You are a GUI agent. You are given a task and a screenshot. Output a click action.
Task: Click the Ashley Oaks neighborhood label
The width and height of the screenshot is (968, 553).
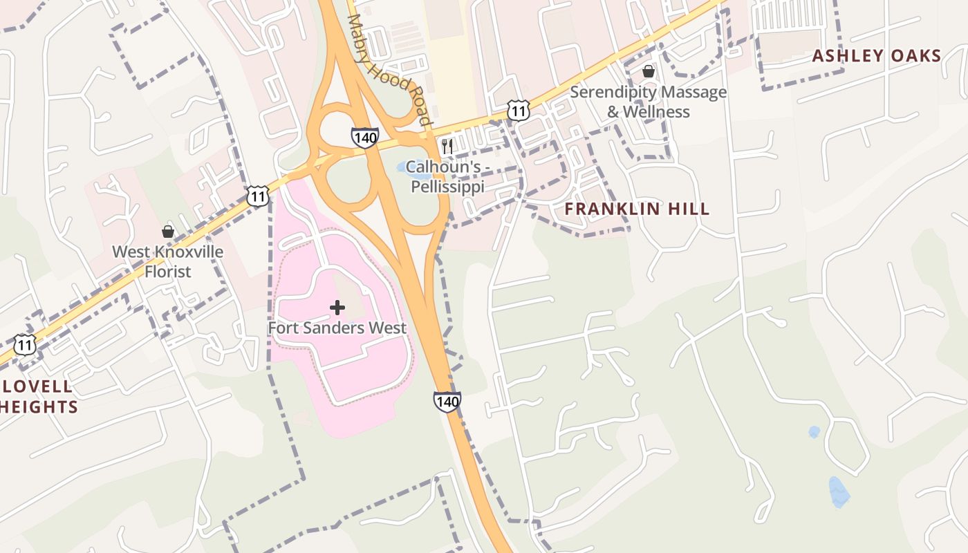(x=876, y=56)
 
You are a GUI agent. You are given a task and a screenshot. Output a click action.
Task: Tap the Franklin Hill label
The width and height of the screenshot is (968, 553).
(x=637, y=209)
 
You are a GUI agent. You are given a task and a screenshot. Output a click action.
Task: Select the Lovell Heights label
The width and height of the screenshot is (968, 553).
(x=38, y=396)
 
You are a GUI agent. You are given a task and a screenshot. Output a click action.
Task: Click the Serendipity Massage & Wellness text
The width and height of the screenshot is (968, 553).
(x=648, y=102)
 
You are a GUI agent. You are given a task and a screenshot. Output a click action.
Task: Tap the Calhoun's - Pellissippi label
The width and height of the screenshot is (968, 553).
(x=447, y=177)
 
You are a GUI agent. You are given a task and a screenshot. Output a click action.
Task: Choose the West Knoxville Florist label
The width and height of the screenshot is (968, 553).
(x=167, y=261)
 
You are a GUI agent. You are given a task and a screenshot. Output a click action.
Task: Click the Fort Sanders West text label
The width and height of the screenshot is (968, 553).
(x=337, y=328)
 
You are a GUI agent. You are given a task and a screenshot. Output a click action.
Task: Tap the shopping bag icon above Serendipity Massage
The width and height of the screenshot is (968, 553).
(x=649, y=71)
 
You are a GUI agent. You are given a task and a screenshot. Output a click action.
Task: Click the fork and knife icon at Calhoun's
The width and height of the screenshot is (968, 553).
(x=447, y=146)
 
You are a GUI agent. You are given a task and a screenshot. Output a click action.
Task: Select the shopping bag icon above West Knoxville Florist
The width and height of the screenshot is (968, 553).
(x=167, y=231)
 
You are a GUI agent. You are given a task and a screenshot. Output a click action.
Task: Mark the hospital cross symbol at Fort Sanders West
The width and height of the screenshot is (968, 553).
(x=337, y=307)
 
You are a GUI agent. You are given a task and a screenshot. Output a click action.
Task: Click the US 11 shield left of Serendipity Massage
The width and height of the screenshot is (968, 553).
(x=518, y=110)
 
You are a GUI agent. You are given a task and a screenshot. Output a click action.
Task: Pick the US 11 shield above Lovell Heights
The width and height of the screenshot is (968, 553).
(x=25, y=344)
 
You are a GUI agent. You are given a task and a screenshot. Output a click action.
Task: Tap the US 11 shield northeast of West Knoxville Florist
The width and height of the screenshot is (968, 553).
(x=257, y=196)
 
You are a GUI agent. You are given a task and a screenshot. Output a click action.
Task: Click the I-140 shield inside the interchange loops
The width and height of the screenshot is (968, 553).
(x=364, y=138)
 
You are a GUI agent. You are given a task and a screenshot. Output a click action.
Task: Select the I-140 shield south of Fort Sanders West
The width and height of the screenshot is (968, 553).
(x=447, y=401)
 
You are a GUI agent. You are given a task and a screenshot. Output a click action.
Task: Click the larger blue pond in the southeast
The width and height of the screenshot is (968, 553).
(x=839, y=491)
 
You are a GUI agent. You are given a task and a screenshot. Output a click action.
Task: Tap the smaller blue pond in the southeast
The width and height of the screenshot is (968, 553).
(x=815, y=432)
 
